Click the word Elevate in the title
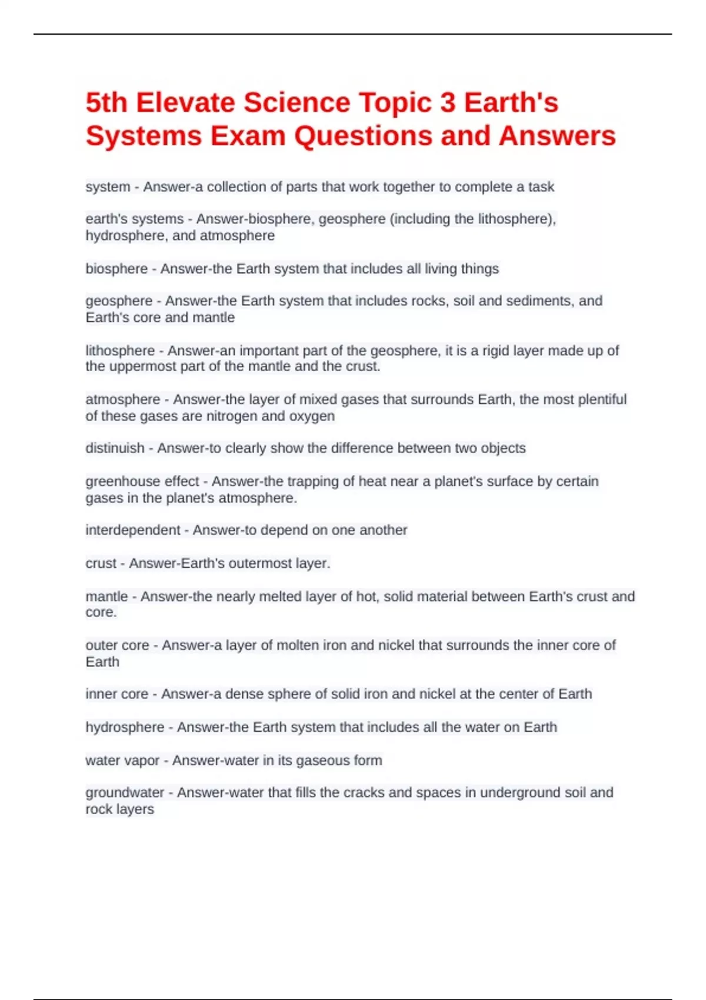point(185,103)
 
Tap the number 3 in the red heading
point(448,103)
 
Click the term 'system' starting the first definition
point(108,187)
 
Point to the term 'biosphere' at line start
point(116,269)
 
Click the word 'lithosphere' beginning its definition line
point(120,351)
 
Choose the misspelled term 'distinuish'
point(115,448)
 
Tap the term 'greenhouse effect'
point(142,481)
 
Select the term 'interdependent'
point(133,530)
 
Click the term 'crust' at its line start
point(101,564)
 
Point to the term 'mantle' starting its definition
point(106,596)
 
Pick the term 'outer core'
point(117,645)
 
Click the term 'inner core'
point(116,694)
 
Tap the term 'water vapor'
point(122,761)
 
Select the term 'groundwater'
point(125,793)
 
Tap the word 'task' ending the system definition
point(541,187)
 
